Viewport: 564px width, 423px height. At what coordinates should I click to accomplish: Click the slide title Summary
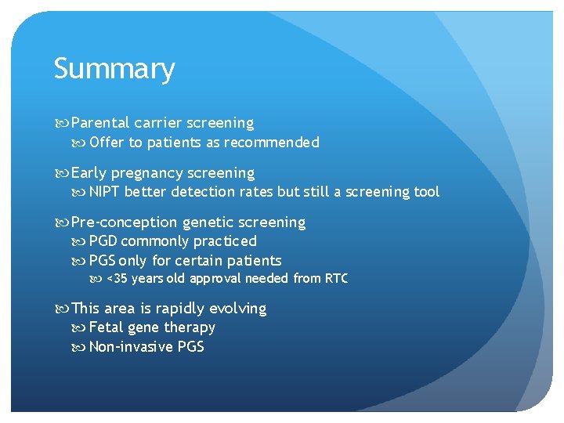point(114,70)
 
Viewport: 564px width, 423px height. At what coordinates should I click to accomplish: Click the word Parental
point(100,123)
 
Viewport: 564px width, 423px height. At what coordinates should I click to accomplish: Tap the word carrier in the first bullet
point(158,123)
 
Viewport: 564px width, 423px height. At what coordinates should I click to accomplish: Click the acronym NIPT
point(105,192)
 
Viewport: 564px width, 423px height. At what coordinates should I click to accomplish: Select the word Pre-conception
point(124,222)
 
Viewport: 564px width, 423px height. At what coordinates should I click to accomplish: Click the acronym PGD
point(103,241)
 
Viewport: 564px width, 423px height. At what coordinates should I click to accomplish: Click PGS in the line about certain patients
point(103,261)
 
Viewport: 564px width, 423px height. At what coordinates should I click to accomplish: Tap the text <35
point(116,279)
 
